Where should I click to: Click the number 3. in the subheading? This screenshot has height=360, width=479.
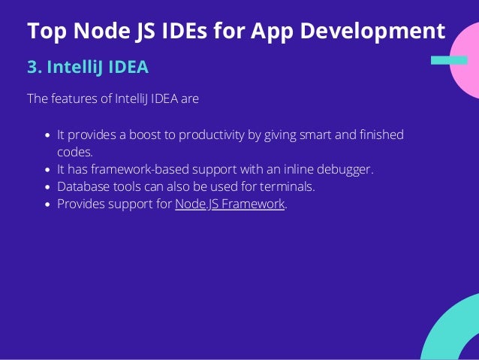[x=35, y=68]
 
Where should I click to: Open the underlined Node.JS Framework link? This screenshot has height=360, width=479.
[x=230, y=204]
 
